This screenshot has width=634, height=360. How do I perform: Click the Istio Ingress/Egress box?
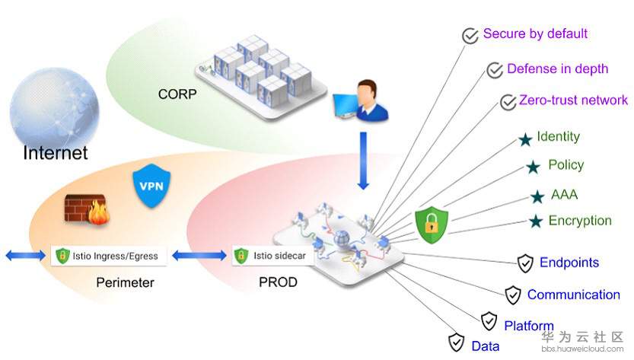pyautogui.click(x=107, y=256)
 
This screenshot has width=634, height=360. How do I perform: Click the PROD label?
pyautogui.click(x=278, y=282)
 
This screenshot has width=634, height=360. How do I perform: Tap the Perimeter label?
pyautogui.click(x=126, y=282)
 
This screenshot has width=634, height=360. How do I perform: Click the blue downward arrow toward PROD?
pyautogui.click(x=363, y=161)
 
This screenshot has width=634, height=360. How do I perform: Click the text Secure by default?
pyautogui.click(x=535, y=34)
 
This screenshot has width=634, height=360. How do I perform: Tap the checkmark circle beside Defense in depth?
pyautogui.click(x=495, y=71)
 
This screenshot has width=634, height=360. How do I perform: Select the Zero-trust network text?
pyautogui.click(x=573, y=100)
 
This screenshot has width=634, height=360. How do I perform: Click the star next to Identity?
pyautogui.click(x=524, y=139)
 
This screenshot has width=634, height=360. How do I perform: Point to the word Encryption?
pyautogui.click(x=579, y=221)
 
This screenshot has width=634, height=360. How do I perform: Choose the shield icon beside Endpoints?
pyautogui.click(x=525, y=264)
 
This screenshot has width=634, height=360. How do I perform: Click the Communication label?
pyautogui.click(x=573, y=295)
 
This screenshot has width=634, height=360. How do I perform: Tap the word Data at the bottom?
pyautogui.click(x=485, y=346)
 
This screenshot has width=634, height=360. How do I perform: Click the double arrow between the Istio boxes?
pyautogui.click(x=199, y=256)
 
